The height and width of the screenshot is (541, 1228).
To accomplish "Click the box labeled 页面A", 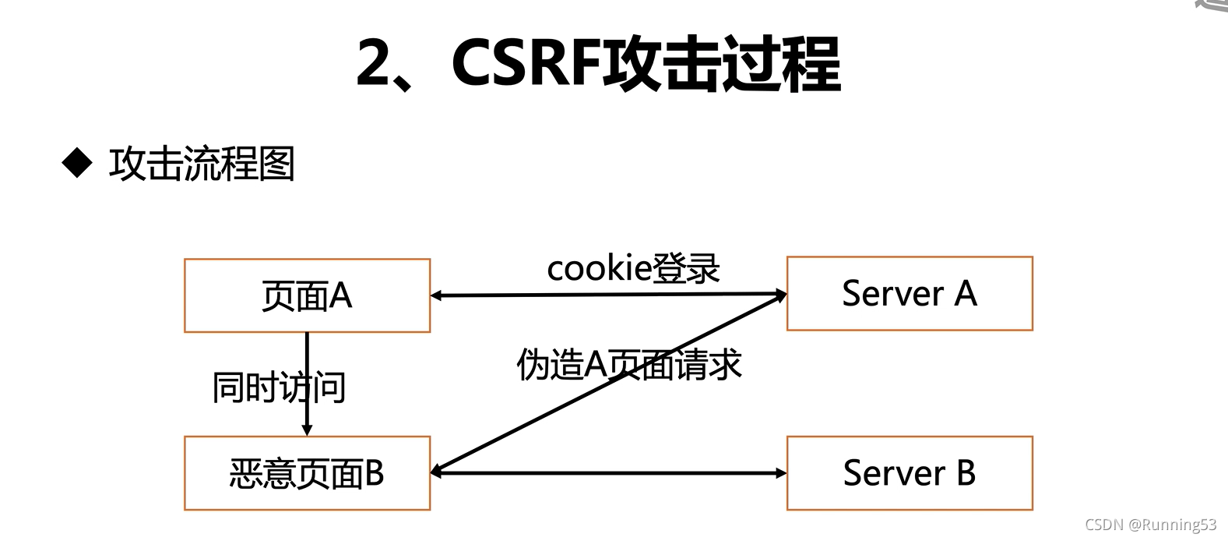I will click(307, 296).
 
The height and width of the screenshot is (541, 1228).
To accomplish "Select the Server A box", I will click(910, 294).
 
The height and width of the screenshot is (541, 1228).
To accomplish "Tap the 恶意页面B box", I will click(307, 473).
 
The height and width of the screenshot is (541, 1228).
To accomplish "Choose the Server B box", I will click(910, 473).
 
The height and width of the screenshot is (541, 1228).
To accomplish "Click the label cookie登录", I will click(633, 269).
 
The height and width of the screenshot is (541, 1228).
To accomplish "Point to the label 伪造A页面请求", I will click(629, 365).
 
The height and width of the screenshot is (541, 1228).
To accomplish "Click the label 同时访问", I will click(279, 387).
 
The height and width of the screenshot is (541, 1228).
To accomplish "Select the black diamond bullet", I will click(77, 163).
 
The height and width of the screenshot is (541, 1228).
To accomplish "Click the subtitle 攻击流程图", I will click(202, 164).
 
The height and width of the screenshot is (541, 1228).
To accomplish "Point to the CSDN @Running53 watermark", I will click(1150, 525).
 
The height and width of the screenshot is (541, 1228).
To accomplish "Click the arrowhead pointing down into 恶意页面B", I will click(307, 430).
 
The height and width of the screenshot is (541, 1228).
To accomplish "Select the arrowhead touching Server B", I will click(780, 473).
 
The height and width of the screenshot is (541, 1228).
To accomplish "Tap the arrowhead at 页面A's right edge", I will click(437, 296).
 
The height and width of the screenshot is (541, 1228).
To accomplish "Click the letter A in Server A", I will click(966, 294).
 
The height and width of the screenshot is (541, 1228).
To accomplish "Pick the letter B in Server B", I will click(966, 473).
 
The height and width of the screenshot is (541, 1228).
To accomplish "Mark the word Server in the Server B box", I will click(893, 473).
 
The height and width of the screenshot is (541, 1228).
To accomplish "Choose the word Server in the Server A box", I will click(893, 294).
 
